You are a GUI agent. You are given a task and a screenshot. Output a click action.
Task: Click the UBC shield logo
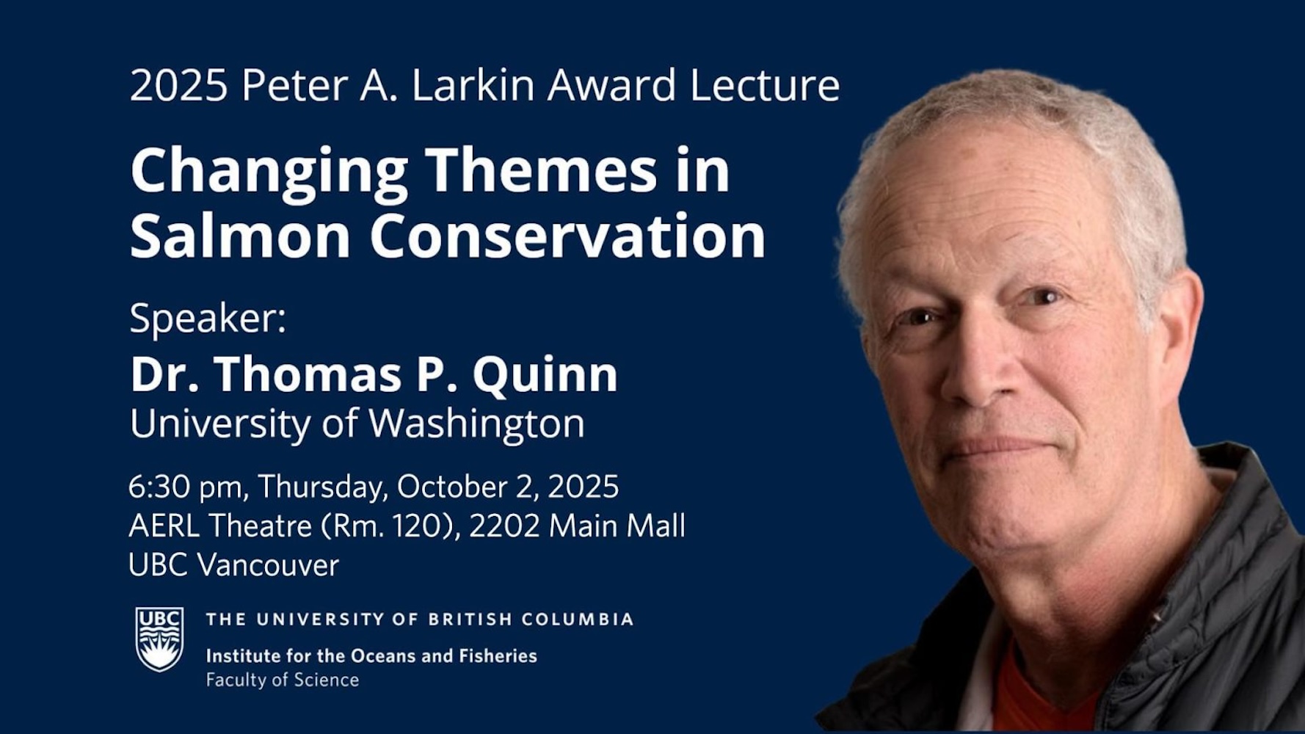point(159,639)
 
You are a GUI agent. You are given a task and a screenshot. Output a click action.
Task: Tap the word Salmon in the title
point(240,236)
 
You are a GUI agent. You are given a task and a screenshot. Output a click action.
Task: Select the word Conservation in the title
point(567,236)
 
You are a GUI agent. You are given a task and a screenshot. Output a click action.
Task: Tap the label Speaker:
point(208,319)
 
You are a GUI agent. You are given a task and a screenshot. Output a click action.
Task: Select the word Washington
point(476,424)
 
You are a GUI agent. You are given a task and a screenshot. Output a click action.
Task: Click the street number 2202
point(504,526)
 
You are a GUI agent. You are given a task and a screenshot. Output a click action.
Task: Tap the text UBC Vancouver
point(234,565)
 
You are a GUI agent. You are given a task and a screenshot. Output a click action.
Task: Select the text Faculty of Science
point(283,680)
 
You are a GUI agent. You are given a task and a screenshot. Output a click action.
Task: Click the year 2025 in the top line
point(179,85)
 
